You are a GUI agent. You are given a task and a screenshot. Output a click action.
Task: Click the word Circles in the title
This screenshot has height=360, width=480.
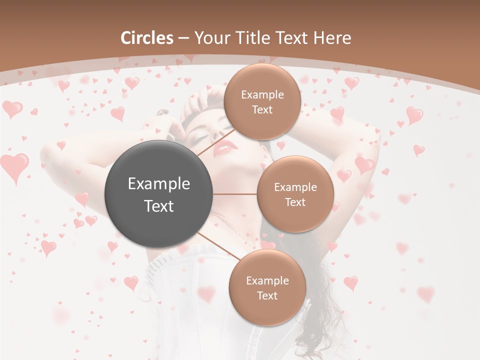(146, 38)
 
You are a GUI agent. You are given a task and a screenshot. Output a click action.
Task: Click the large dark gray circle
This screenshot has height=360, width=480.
(159, 194)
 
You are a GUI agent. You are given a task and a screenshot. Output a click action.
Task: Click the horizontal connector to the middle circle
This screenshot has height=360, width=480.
(235, 194)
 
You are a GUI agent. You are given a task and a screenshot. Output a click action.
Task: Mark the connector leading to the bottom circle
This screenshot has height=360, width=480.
(218, 246)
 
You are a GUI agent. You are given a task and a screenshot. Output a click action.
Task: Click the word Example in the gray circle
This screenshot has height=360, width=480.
(159, 183)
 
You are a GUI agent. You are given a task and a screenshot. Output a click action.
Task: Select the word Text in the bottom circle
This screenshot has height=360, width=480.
(267, 295)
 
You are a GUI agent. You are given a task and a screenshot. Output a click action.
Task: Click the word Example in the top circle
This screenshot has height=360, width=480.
(262, 95)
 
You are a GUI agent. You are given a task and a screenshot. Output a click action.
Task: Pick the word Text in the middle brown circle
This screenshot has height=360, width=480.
(295, 202)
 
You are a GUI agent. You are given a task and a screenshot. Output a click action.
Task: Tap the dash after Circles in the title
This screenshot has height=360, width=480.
(183, 38)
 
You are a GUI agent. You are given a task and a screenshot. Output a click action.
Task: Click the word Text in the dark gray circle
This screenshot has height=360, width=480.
(159, 205)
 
